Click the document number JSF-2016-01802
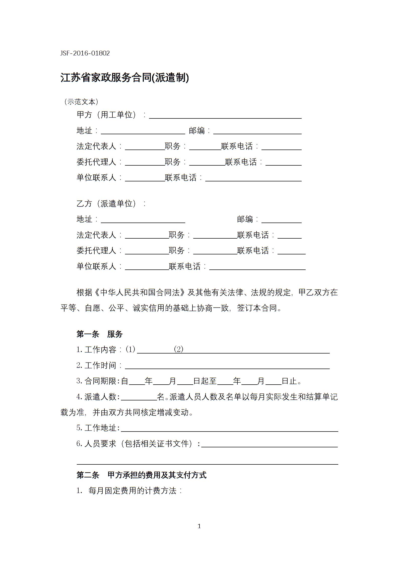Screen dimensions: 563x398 coord(85,53)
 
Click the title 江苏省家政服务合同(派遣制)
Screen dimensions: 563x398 coord(124,78)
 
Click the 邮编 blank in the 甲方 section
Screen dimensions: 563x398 coord(257,131)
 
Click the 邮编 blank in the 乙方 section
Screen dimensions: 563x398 coord(281,220)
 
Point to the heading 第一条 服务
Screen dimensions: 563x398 coord(100,334)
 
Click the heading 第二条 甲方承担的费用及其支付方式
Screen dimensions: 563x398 coord(141,475)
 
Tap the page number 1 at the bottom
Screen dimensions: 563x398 coord(199,526)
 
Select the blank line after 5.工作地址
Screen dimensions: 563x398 coord(229,428)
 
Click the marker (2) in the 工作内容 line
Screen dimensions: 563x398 coord(179,349)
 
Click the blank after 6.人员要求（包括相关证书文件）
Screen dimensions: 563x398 coord(269,444)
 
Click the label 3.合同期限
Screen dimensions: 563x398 coord(98,381)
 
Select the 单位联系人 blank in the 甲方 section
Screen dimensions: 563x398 coord(145,178)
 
